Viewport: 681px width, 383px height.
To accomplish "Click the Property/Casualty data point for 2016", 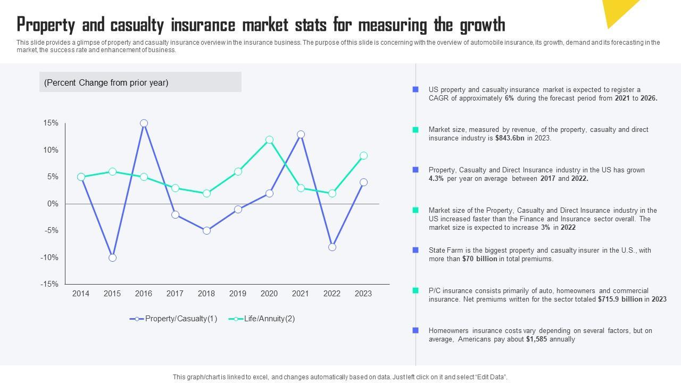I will pyautogui.click(x=144, y=123).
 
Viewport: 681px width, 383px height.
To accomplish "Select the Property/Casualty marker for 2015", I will pyautogui.click(x=112, y=258).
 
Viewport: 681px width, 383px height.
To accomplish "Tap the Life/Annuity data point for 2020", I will pyautogui.click(x=269, y=140).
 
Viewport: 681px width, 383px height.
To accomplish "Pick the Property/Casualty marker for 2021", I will pyautogui.click(x=301, y=135).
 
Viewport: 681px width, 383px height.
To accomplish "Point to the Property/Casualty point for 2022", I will pyautogui.click(x=332, y=247).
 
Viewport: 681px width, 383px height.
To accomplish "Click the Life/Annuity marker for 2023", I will pyautogui.click(x=363, y=156).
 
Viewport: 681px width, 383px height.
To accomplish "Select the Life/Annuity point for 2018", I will pyautogui.click(x=206, y=194).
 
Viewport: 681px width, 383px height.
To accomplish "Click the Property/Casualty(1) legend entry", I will pyautogui.click(x=173, y=319).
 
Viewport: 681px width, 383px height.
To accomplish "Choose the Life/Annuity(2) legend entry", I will pyautogui.click(x=262, y=319).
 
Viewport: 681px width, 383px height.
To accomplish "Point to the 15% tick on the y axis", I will pyautogui.click(x=51, y=123).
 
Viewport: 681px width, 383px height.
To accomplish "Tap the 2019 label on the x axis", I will pyautogui.click(x=238, y=294).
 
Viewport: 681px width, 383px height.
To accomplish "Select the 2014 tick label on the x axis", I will pyautogui.click(x=81, y=294).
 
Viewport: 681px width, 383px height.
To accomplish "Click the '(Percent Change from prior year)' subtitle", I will pyautogui.click(x=106, y=82).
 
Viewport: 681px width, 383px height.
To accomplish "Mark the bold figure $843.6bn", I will pyautogui.click(x=510, y=138).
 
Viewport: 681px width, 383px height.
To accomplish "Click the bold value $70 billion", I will pyautogui.click(x=479, y=259).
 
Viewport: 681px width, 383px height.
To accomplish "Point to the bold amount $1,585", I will pyautogui.click(x=536, y=339).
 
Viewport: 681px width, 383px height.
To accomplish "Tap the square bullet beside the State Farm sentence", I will pyautogui.click(x=416, y=250).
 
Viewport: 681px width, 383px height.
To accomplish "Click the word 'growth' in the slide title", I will pyautogui.click(x=476, y=25).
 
